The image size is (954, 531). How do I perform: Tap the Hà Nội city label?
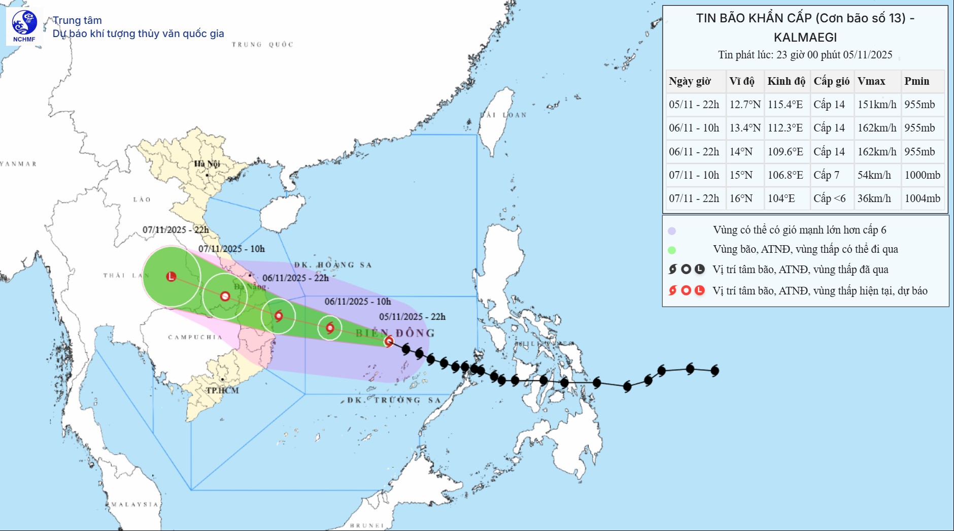click(207, 163)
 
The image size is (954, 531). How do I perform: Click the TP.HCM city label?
click(222, 390)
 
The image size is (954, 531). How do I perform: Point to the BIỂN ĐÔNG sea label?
click(395, 333)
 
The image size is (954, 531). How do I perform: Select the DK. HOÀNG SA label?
click(333, 265)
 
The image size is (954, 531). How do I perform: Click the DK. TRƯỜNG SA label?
click(394, 400)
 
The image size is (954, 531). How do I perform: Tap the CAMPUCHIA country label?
click(195, 337)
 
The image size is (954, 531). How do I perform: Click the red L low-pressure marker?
click(172, 277)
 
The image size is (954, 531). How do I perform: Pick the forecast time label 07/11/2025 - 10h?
click(231, 249)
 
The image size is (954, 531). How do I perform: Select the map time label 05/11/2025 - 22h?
click(412, 317)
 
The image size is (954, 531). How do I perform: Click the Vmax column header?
click(871, 81)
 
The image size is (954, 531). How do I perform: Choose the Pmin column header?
click(916, 81)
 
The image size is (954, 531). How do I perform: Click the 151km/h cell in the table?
click(877, 105)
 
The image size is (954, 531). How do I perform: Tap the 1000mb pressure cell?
click(922, 175)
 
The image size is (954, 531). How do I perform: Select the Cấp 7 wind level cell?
click(826, 175)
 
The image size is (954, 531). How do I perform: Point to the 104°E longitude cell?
click(781, 198)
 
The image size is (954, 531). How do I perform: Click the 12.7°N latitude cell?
click(744, 105)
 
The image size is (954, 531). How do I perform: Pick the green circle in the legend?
click(672, 250)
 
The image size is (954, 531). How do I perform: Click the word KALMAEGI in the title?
click(805, 38)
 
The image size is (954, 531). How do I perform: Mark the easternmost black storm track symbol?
click(715, 371)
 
